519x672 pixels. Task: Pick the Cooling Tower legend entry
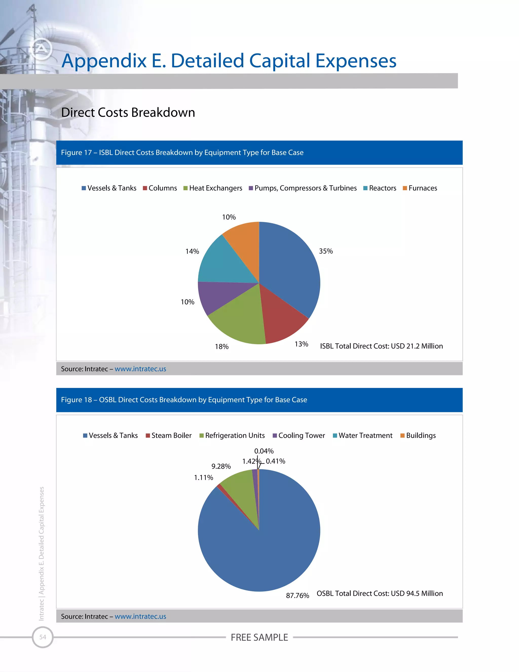[299, 436]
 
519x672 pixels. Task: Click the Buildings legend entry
[418, 436]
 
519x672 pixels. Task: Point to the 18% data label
[222, 347]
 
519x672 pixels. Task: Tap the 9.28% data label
[221, 466]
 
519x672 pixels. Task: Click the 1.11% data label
[203, 478]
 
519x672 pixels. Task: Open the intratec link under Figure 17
[140, 369]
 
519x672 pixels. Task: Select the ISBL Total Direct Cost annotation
[381, 346]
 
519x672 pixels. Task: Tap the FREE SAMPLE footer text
[259, 637]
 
